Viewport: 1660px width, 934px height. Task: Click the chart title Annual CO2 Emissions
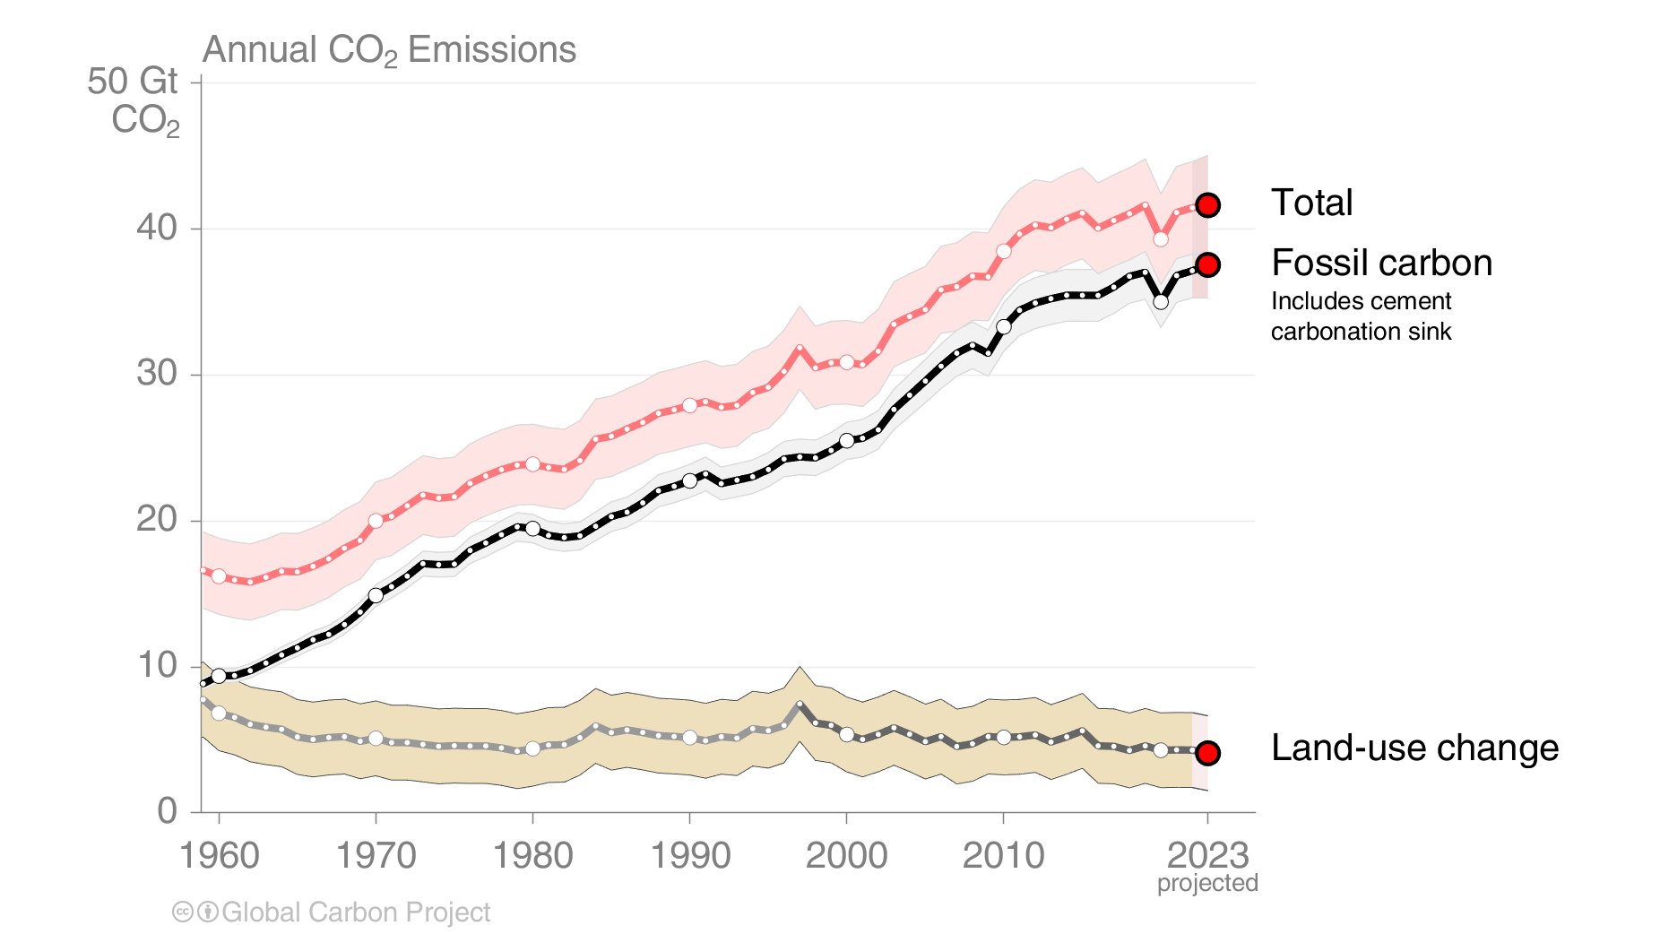click(x=389, y=50)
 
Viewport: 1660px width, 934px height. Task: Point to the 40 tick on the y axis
click(x=157, y=228)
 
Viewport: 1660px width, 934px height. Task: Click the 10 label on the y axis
click(x=157, y=665)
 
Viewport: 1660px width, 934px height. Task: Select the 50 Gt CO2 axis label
click(x=134, y=100)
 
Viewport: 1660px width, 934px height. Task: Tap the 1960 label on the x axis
click(x=219, y=856)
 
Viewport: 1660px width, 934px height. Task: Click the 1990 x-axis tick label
click(x=689, y=856)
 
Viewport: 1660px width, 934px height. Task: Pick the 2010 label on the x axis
click(x=1003, y=856)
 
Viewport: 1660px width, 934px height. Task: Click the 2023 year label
click(x=1207, y=856)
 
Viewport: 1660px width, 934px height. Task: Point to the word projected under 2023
click(x=1207, y=884)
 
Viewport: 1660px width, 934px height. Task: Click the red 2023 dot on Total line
click(x=1207, y=205)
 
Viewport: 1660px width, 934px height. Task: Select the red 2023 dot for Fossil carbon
click(x=1207, y=264)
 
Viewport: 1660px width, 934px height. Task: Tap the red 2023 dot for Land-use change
click(x=1207, y=753)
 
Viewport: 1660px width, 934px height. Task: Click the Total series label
click(x=1311, y=203)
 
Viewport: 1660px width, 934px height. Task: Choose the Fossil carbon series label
click(x=1381, y=264)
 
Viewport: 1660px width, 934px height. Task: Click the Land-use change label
click(x=1414, y=748)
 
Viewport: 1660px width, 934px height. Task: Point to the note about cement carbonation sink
click(x=1361, y=316)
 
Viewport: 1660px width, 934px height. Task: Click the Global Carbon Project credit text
click(x=355, y=912)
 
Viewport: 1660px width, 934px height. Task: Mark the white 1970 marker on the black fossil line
click(x=376, y=595)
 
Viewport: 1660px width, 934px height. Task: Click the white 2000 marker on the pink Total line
click(x=846, y=362)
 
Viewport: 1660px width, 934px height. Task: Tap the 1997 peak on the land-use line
click(x=800, y=705)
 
